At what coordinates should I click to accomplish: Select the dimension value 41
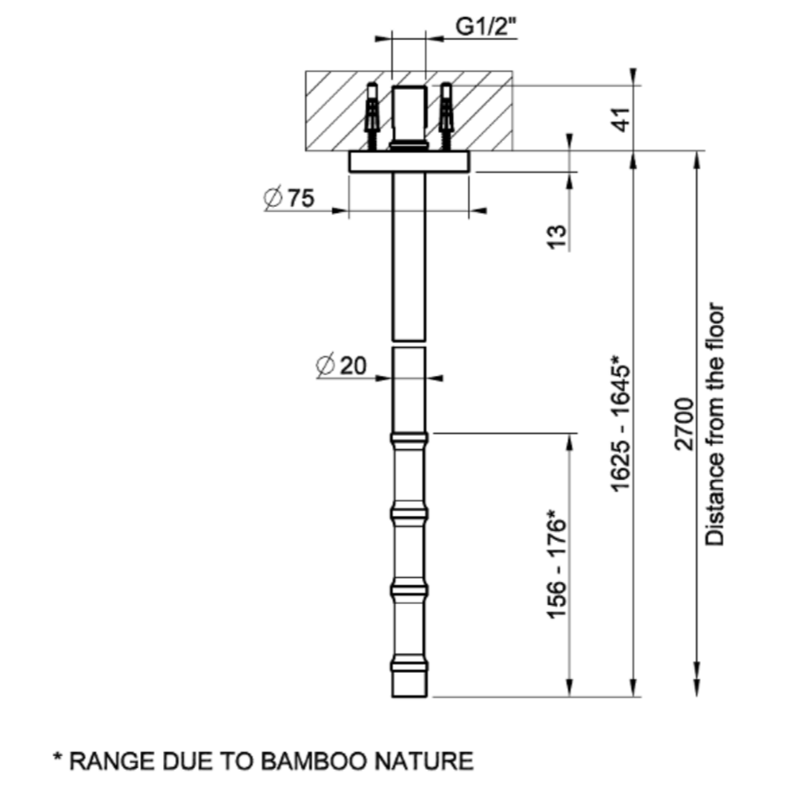point(623,119)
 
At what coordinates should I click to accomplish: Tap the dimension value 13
point(557,237)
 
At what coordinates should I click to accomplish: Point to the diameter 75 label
point(289,198)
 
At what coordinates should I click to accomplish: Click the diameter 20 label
point(341,365)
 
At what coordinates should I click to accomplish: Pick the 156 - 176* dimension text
point(557,564)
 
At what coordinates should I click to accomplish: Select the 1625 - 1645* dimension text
point(621,423)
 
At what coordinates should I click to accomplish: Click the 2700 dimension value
point(684,425)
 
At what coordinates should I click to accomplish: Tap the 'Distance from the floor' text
point(715,425)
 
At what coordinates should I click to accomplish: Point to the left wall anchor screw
point(373,116)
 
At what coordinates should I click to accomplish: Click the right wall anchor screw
point(446,116)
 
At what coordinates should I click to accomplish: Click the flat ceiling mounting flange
point(410,162)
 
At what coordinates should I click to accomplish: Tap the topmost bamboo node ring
point(410,439)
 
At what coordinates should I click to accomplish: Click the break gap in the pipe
point(410,344)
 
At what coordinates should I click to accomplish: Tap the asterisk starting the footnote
point(58,757)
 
